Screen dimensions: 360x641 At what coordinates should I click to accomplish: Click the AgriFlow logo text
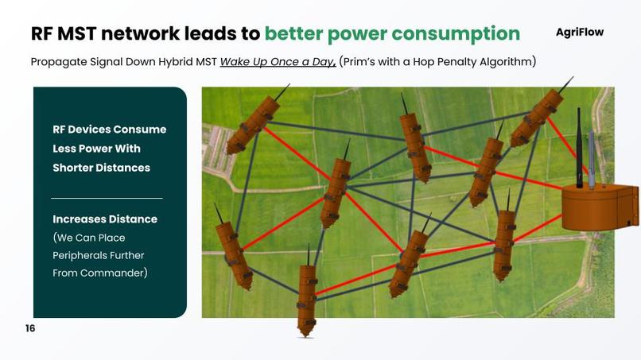(579, 33)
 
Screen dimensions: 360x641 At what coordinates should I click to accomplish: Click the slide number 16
(30, 328)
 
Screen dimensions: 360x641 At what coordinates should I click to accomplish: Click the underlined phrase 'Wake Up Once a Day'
(278, 62)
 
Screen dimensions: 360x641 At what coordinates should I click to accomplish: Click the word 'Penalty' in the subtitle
(457, 62)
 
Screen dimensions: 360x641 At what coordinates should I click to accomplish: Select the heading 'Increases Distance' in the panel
(105, 219)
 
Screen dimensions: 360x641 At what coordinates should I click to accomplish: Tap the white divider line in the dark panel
(107, 198)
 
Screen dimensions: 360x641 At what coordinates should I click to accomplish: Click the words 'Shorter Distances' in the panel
(101, 168)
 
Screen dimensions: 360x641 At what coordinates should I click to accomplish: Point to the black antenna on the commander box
(579, 147)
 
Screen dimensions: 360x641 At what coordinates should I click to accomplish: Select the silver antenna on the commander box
(592, 159)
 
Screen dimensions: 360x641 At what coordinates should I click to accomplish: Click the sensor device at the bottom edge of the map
(307, 300)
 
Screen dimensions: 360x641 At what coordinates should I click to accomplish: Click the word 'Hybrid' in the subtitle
(193, 62)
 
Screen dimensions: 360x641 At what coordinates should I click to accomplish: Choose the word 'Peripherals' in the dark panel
(81, 255)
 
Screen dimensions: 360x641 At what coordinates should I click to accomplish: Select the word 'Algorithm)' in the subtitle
(509, 62)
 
